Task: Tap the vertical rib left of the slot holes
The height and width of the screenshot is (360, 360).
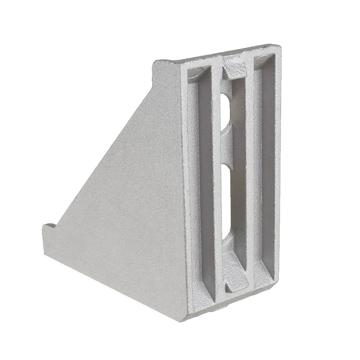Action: coord(219,171)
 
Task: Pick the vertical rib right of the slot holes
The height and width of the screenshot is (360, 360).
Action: coord(250,171)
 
